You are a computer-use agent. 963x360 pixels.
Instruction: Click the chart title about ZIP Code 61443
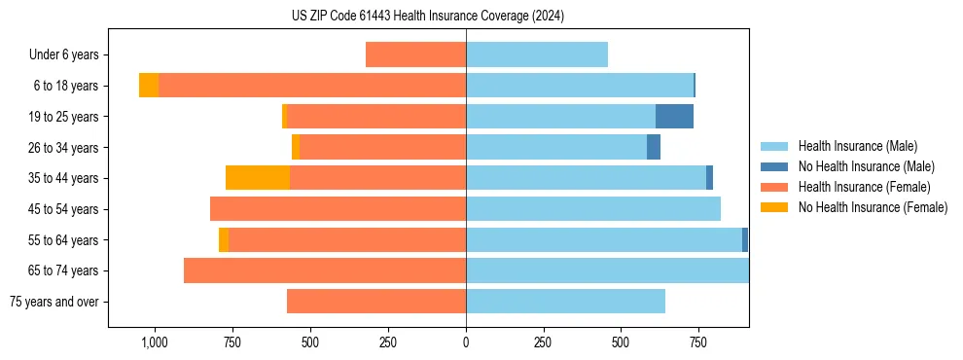427,17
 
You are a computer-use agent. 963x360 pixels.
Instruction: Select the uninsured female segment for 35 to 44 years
258,178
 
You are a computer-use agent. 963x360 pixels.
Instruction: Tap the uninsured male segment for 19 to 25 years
674,117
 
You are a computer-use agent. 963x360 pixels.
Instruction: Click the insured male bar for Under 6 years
537,55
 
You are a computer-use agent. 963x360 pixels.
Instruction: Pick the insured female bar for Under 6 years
415,55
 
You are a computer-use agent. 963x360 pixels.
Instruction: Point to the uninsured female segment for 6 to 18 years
149,86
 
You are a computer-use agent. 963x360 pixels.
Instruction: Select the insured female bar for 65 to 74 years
325,270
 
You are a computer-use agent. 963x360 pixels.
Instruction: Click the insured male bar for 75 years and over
565,302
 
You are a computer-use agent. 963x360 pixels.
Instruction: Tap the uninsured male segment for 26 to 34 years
654,148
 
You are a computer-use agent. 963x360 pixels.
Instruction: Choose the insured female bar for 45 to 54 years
338,209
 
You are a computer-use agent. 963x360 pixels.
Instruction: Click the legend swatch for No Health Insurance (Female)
774,207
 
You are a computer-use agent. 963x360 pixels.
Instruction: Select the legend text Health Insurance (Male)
852,146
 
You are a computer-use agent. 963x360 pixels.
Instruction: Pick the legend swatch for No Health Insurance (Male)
774,166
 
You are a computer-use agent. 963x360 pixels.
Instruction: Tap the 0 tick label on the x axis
466,342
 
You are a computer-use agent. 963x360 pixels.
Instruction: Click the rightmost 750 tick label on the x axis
698,342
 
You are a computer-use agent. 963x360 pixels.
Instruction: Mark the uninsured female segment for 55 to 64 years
224,240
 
